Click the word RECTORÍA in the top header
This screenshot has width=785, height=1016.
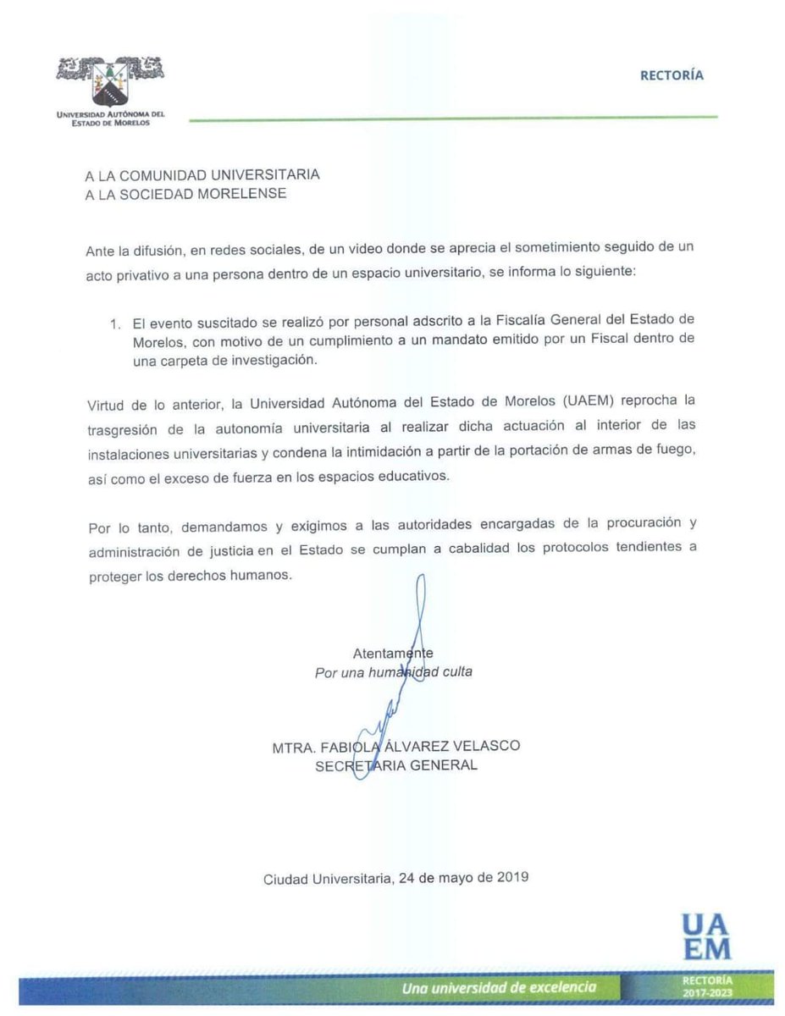pyautogui.click(x=672, y=75)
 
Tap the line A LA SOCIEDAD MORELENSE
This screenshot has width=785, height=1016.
pyautogui.click(x=185, y=193)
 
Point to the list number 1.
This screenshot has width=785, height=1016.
pyautogui.click(x=116, y=323)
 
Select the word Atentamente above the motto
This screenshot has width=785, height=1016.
pyautogui.click(x=393, y=654)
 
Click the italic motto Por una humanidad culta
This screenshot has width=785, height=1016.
pyautogui.click(x=393, y=671)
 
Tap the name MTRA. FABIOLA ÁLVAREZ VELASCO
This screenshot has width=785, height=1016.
pyautogui.click(x=395, y=746)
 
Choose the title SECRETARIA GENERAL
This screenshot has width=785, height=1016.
pyautogui.click(x=395, y=765)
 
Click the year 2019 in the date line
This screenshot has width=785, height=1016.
pyautogui.click(x=512, y=877)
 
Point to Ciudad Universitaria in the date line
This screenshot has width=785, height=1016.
pyautogui.click(x=327, y=878)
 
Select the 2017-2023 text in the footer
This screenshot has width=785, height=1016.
pyautogui.click(x=705, y=992)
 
